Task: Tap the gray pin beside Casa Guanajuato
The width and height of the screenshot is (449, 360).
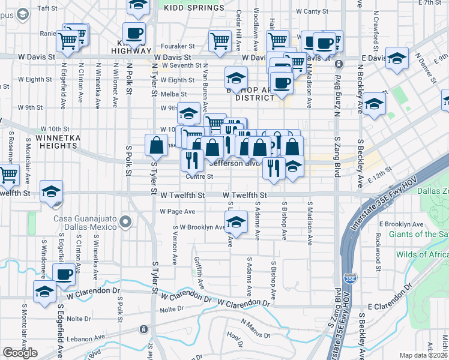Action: click(x=125, y=223)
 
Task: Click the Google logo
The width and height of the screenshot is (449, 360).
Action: click(x=20, y=353)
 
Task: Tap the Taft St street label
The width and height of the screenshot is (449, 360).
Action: click(x=47, y=8)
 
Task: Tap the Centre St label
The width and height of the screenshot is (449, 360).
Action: click(x=199, y=176)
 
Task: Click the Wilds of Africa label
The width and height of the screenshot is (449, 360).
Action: click(x=422, y=254)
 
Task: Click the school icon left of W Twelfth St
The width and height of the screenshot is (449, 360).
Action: click(x=52, y=191)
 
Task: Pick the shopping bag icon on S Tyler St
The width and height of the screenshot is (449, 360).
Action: click(x=156, y=145)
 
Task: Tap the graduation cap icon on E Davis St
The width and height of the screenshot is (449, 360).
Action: click(x=397, y=59)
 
